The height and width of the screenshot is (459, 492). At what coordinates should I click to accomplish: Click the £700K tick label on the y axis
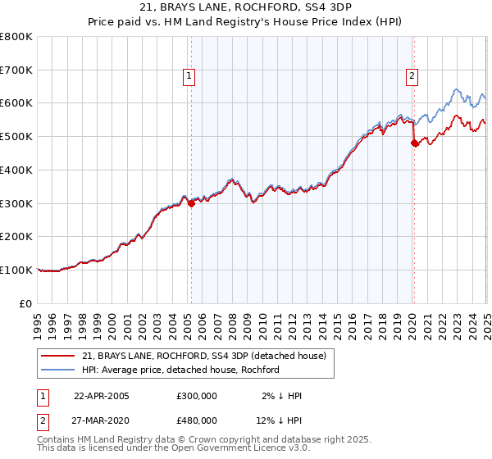[x=16, y=70]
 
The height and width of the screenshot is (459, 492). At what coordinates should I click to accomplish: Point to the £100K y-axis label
[x=16, y=270]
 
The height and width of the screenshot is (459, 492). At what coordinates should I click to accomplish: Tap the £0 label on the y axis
[x=26, y=303]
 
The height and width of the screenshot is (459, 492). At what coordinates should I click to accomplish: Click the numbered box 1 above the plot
[x=189, y=76]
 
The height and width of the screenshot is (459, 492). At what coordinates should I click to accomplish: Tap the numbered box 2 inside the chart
[x=412, y=76]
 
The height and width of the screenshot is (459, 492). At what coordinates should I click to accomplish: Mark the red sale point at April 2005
[x=191, y=204]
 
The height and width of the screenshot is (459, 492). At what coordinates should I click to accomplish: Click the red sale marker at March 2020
[x=414, y=143]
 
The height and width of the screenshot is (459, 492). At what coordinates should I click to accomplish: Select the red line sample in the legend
[x=59, y=356]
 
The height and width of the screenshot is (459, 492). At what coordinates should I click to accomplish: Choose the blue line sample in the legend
[x=59, y=370]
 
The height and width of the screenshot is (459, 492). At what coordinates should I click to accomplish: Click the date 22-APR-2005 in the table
[x=102, y=396]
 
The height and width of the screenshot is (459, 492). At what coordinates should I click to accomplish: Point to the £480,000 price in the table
[x=197, y=420]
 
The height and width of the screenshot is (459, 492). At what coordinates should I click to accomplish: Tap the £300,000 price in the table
[x=197, y=396]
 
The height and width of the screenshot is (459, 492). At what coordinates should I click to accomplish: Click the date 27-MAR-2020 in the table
[x=102, y=420]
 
